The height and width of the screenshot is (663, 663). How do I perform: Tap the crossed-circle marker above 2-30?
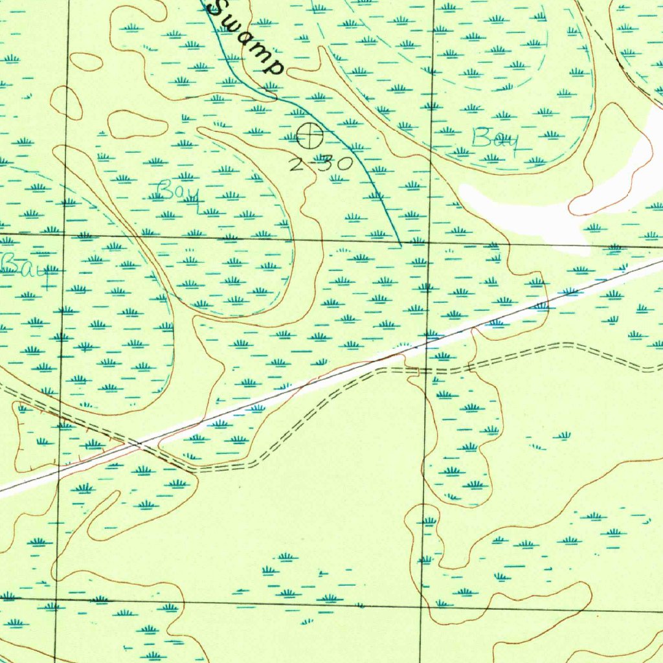point(309,136)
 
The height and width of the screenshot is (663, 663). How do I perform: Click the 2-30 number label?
point(320,163)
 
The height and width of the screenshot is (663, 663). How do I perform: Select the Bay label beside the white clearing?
point(495,140)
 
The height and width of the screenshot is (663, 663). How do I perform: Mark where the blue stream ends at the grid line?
point(401,245)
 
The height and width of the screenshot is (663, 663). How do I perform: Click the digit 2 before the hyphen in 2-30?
point(296,164)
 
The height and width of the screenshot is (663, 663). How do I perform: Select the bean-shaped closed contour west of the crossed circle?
point(137,124)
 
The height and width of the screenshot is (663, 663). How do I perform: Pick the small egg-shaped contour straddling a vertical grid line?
point(67,102)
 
